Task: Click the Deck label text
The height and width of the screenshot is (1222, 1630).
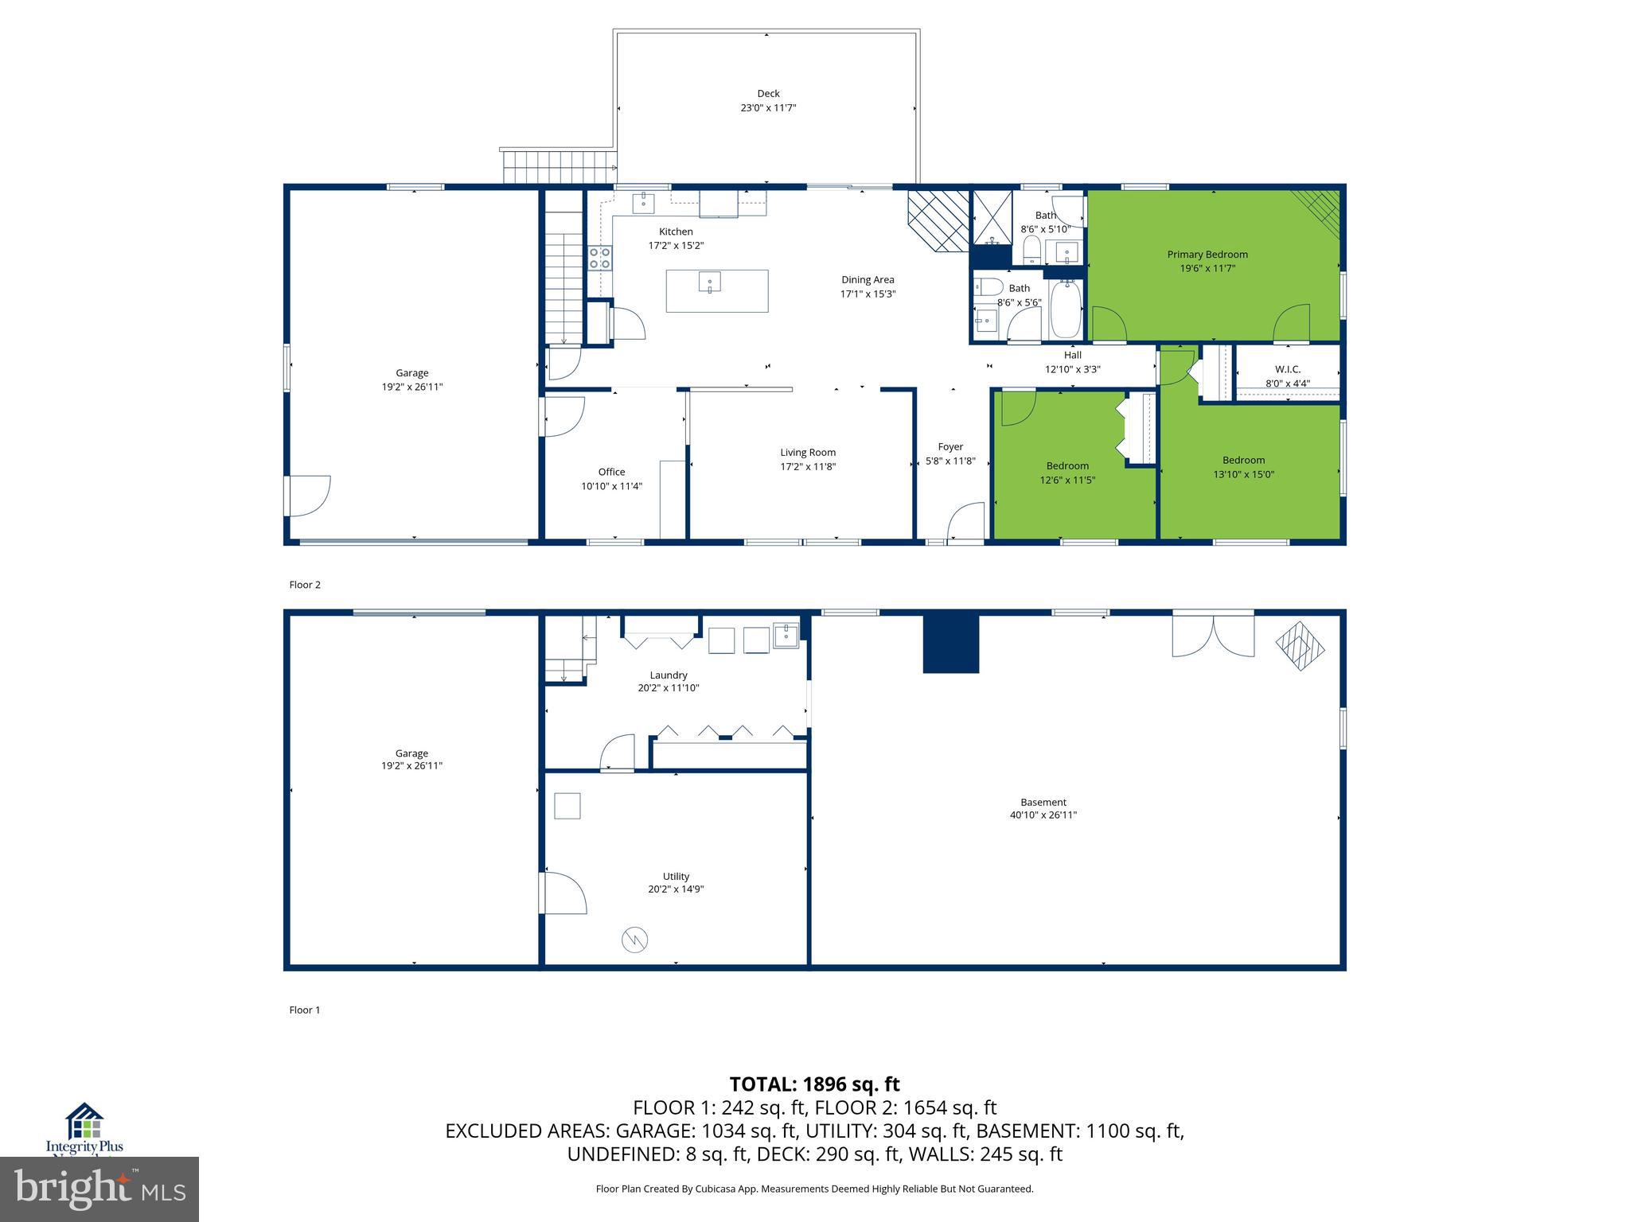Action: pyautogui.click(x=768, y=93)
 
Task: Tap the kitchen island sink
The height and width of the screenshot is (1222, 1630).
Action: pyautogui.click(x=710, y=282)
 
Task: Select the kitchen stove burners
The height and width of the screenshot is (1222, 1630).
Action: pyautogui.click(x=600, y=258)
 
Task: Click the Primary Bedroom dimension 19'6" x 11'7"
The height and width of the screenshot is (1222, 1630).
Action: pyautogui.click(x=1207, y=269)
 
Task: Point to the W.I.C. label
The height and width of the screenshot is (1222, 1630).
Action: pyautogui.click(x=1287, y=369)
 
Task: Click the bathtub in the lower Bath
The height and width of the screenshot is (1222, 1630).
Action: pyautogui.click(x=1066, y=311)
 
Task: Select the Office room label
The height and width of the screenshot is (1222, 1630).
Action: pyautogui.click(x=611, y=472)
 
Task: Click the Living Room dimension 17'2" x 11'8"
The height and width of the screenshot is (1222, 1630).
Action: pyautogui.click(x=808, y=467)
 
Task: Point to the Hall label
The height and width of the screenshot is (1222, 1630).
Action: pyautogui.click(x=1072, y=355)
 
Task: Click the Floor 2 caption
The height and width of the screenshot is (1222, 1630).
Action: pyautogui.click(x=304, y=585)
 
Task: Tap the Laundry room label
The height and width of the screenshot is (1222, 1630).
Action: pyautogui.click(x=668, y=675)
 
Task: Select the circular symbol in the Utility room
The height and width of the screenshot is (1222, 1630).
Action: pyautogui.click(x=634, y=940)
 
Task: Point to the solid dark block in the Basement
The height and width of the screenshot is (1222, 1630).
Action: pyautogui.click(x=950, y=644)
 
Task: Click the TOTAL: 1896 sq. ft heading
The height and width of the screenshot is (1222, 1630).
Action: pyautogui.click(x=814, y=1084)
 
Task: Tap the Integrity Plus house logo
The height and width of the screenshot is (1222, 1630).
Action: pyautogui.click(x=84, y=1122)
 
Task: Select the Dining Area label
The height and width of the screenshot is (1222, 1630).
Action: pyautogui.click(x=868, y=279)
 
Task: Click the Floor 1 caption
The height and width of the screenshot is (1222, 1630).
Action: pyautogui.click(x=304, y=1010)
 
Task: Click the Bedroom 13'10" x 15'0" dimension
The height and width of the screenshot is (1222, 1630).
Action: pyautogui.click(x=1243, y=474)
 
